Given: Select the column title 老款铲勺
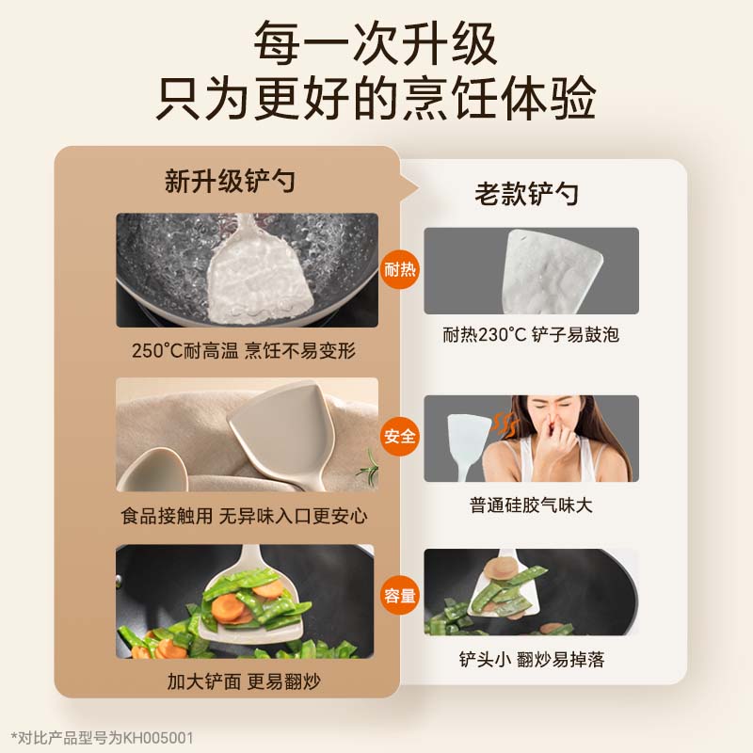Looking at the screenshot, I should point(526,194).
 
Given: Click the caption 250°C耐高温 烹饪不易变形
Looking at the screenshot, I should point(244,351).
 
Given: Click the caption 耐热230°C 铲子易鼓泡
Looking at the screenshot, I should point(531,334).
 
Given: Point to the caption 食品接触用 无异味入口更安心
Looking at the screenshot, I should point(244,515).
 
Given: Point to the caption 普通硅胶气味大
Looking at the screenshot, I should point(531,505).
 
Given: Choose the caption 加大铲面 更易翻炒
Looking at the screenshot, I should point(244,680).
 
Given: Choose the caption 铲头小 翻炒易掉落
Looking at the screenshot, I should point(531,659).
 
